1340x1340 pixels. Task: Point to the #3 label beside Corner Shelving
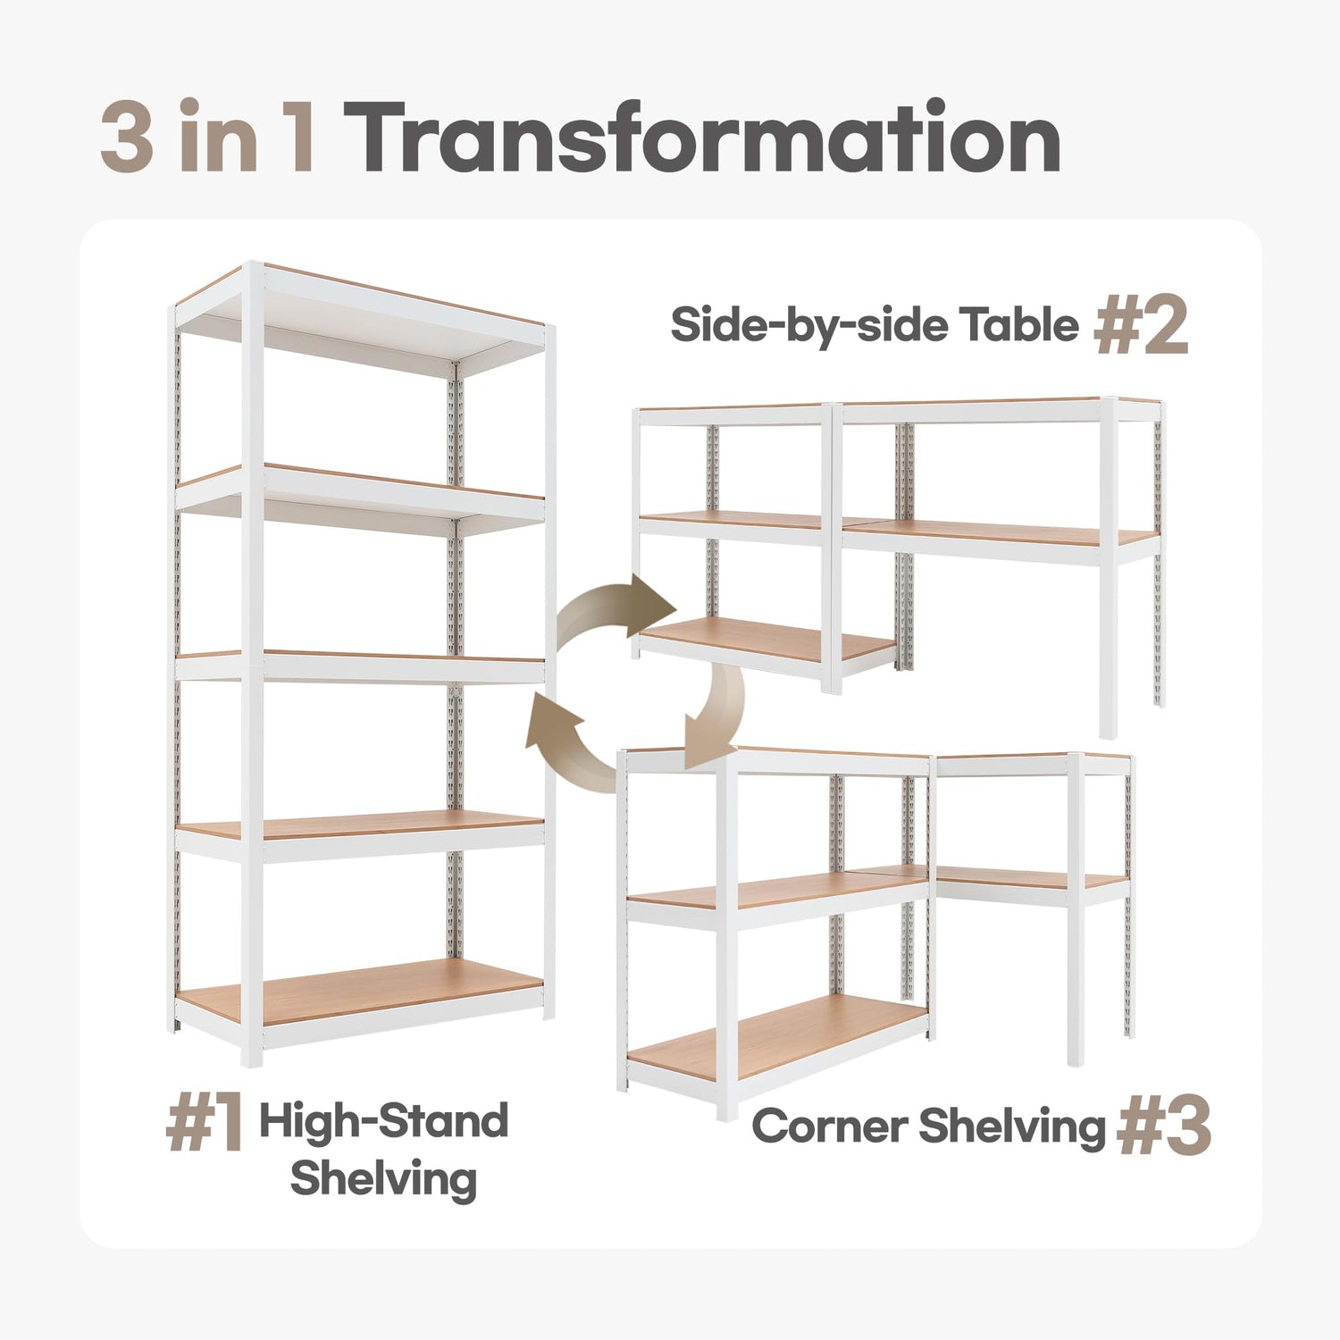(1164, 1126)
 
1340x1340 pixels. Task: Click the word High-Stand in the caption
(384, 1121)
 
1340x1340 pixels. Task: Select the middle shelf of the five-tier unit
(360, 666)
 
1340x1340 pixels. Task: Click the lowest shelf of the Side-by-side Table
(768, 643)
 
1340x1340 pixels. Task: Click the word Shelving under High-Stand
(383, 1179)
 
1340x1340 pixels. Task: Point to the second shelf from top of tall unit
(360, 497)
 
